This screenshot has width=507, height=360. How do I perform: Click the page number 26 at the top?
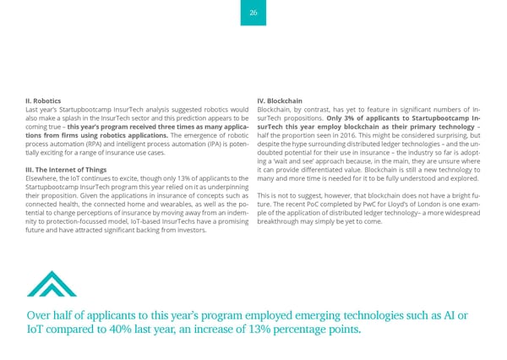tap(253, 12)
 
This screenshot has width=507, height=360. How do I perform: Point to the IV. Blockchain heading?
tap(279, 101)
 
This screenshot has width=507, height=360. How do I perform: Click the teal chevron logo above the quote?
tap(52, 284)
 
